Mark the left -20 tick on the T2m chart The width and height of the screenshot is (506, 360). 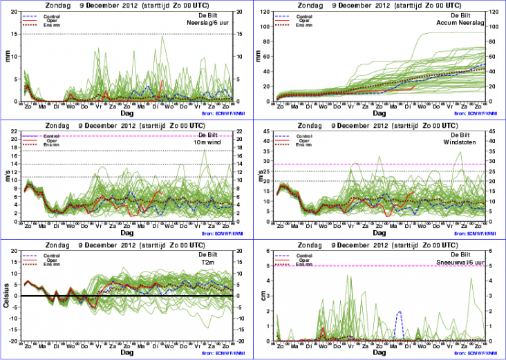pos(15,341)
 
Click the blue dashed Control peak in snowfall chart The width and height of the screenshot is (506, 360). pos(399,312)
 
